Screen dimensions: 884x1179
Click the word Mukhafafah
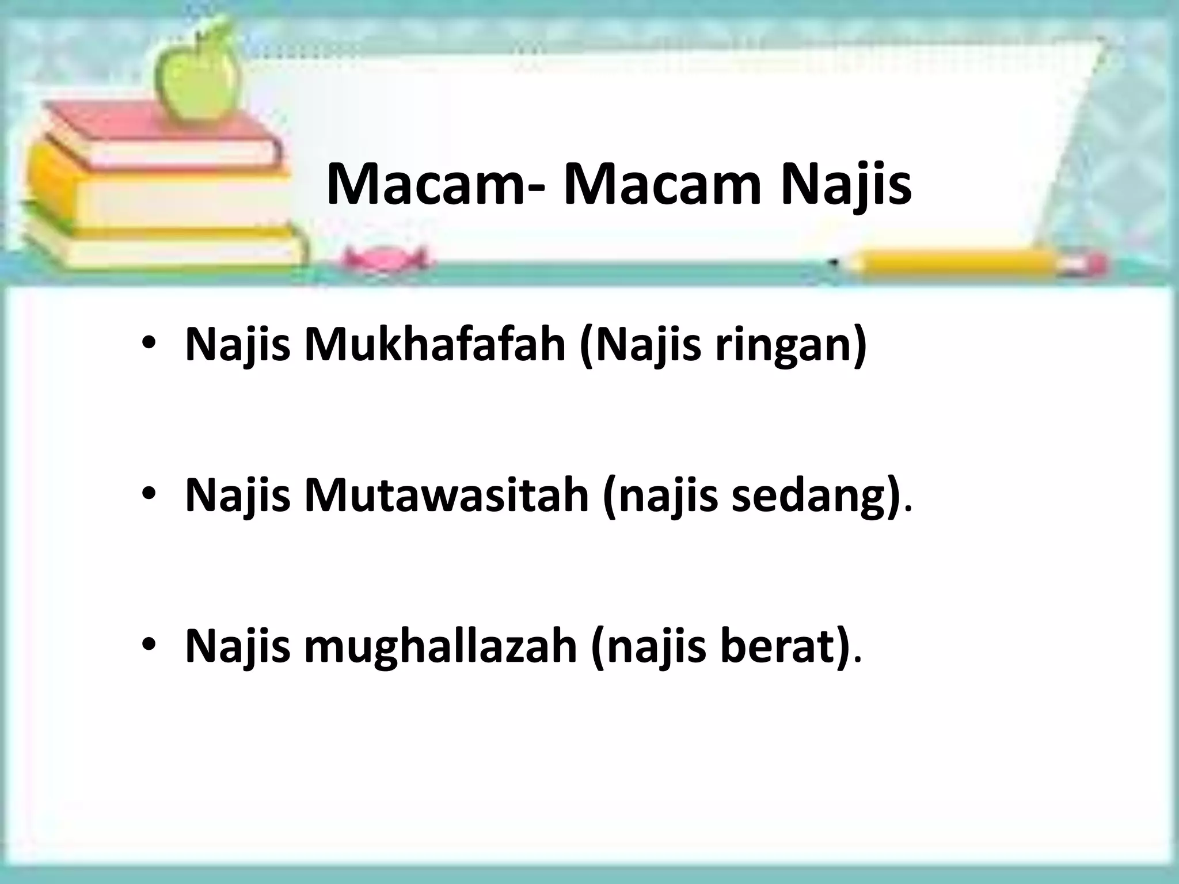coord(435,344)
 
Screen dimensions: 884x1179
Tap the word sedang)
coord(812,496)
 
